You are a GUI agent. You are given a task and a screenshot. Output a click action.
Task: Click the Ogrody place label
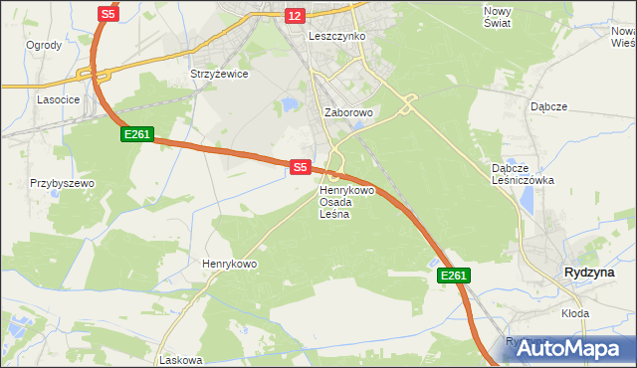(44, 46)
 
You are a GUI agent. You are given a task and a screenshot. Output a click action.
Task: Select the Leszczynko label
(337, 36)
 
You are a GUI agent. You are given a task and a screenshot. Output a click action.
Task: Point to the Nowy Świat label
(497, 17)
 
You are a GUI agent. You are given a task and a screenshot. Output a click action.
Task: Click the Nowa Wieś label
(623, 37)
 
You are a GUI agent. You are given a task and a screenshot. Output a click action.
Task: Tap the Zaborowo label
(348, 113)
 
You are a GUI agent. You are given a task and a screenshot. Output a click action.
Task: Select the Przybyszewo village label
(62, 184)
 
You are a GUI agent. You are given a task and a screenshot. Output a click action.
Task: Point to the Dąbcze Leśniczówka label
(523, 174)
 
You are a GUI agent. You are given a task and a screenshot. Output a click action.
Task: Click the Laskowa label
(180, 361)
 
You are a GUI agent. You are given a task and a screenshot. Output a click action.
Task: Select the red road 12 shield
(294, 16)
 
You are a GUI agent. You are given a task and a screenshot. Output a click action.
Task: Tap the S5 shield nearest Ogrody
(108, 14)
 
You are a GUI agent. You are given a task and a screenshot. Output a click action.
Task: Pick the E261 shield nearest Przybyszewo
(137, 133)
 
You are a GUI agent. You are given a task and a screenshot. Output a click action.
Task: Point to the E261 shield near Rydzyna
(453, 276)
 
